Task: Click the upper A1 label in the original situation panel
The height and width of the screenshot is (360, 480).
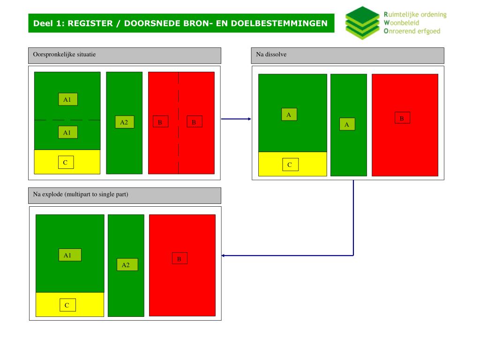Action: (x=67, y=99)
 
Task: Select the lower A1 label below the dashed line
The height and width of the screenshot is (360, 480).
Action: (x=67, y=133)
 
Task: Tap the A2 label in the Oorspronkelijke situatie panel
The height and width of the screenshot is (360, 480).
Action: (x=124, y=122)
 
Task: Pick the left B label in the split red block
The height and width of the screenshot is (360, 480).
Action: (x=160, y=122)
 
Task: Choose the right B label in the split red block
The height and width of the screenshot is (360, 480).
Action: (x=194, y=122)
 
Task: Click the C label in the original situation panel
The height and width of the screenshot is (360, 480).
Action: (x=65, y=162)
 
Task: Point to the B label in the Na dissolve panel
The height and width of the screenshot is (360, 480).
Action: (x=402, y=118)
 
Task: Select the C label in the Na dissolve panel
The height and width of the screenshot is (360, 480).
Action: (x=290, y=165)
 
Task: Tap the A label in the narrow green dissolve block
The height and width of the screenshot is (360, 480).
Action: (x=347, y=124)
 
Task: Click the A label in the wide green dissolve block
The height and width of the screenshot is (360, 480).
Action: (x=289, y=114)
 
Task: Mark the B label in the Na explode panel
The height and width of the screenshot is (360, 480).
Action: (x=179, y=258)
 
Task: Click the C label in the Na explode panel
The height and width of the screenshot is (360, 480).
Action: (x=67, y=305)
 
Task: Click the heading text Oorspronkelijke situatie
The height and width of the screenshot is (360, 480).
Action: (x=64, y=54)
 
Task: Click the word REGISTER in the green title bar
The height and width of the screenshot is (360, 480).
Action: (x=90, y=23)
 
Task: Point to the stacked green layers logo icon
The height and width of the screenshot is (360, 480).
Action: (x=362, y=22)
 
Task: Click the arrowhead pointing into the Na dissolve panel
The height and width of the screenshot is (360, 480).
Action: (x=249, y=119)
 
